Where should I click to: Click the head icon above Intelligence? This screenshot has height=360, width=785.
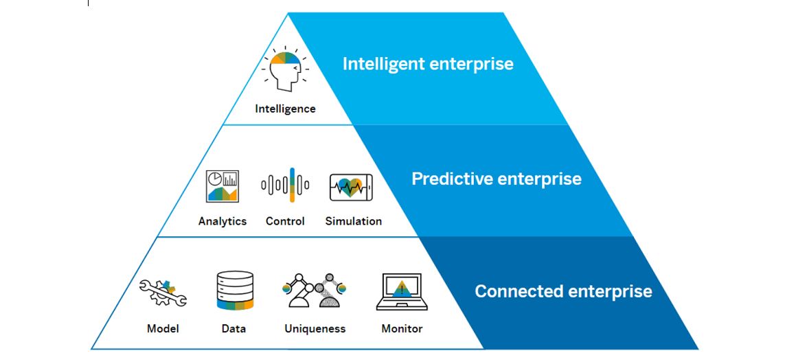point(285,69)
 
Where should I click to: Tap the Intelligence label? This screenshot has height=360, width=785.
point(285,109)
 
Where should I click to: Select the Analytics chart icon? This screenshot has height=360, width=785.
point(222,185)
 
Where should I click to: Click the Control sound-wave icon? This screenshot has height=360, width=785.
point(285,185)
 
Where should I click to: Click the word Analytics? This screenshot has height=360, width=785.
point(222,221)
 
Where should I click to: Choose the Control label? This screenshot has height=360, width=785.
point(285,221)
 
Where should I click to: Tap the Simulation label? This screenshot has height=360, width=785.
point(353,221)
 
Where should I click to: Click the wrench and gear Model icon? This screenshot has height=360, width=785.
point(163,291)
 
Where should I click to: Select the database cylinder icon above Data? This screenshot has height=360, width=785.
point(235,291)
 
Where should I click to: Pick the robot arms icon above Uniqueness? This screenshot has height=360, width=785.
point(315,291)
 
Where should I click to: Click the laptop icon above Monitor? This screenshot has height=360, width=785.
point(402,291)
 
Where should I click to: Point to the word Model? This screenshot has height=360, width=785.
point(163,328)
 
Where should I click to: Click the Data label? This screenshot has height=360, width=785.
point(234,328)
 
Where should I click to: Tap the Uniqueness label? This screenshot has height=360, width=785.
point(315,328)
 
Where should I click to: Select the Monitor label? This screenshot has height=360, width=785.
point(402,328)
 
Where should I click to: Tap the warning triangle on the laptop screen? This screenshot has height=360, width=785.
point(402,289)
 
